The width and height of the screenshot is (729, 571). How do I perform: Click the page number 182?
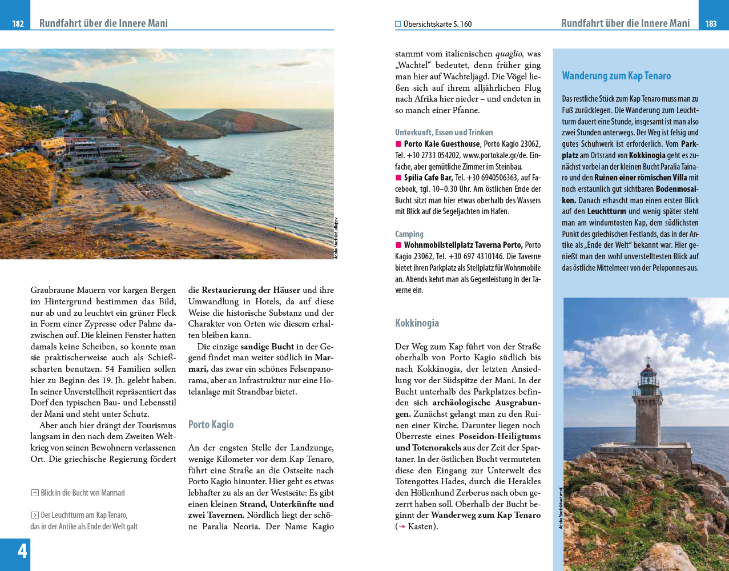pyautogui.click(x=18, y=23)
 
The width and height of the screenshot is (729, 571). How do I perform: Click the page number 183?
pyautogui.click(x=711, y=23)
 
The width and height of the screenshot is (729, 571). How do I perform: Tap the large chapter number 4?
pyautogui.click(x=22, y=551)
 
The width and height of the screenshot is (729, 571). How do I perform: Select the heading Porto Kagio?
pyautogui.click(x=211, y=425)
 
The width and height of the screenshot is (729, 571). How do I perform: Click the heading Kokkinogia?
pyautogui.click(x=417, y=323)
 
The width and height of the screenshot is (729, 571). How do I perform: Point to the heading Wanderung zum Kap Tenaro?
pyautogui.click(x=616, y=76)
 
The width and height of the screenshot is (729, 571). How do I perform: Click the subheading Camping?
pyautogui.click(x=409, y=234)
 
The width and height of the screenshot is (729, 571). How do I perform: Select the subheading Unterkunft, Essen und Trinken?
pyautogui.click(x=444, y=132)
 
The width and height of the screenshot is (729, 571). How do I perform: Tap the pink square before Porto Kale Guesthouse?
pyautogui.click(x=398, y=144)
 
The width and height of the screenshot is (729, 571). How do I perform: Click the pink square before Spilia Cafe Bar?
pyautogui.click(x=398, y=178)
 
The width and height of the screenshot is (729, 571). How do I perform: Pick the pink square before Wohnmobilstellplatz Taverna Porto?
pyautogui.click(x=398, y=245)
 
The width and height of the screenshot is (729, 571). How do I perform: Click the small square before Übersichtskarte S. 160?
pyautogui.click(x=398, y=24)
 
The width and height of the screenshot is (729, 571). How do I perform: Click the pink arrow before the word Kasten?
pyautogui.click(x=402, y=526)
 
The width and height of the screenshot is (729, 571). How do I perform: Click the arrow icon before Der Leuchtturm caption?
pyautogui.click(x=35, y=515)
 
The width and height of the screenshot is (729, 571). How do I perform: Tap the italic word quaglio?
pyautogui.click(x=508, y=54)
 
